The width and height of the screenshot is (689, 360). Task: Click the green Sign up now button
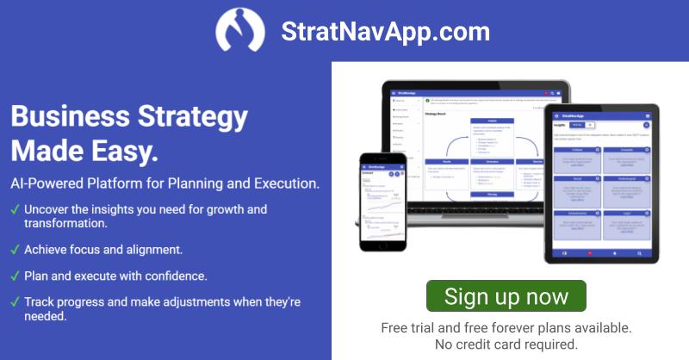(506, 297)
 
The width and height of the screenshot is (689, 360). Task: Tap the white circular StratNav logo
(241, 32)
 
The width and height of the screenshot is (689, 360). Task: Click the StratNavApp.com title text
(385, 33)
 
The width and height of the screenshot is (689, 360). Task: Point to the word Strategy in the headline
(184, 116)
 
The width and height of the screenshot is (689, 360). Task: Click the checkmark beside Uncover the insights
(14, 209)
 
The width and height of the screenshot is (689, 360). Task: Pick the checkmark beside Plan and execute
(14, 276)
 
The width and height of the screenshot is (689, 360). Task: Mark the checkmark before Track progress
(14, 302)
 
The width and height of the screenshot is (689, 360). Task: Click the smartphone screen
(382, 207)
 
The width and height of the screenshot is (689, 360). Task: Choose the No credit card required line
(506, 344)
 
